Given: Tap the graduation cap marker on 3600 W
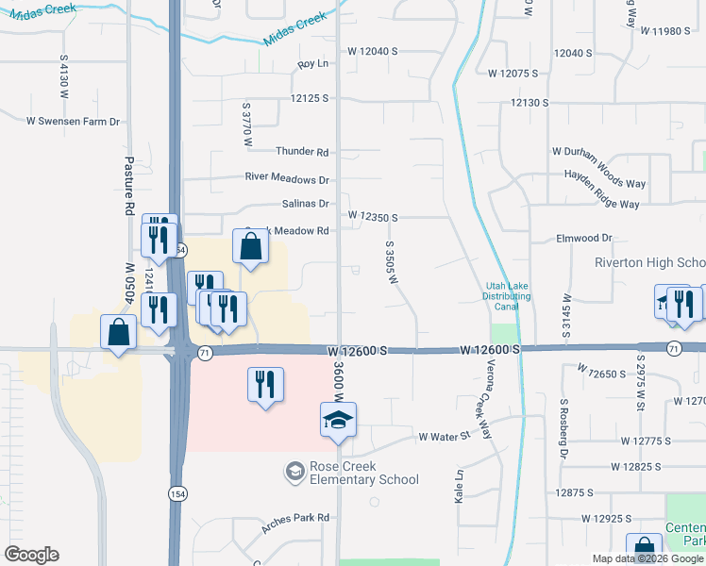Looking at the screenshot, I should [x=338, y=421].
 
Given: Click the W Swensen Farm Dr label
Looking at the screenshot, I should [x=74, y=121].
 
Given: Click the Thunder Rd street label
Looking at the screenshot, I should [x=302, y=152].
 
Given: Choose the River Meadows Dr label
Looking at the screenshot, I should [x=287, y=177].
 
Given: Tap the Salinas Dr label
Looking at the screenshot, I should [x=304, y=204].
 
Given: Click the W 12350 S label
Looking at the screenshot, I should [x=372, y=217].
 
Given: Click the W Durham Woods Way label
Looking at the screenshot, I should [x=598, y=151].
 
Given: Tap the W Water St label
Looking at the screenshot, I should [x=444, y=437].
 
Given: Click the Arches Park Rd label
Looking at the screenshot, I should [x=295, y=518].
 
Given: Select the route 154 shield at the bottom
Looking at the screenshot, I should [x=177, y=494].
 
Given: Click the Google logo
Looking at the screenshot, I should [x=31, y=555].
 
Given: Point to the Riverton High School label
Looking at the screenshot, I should [x=650, y=262].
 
